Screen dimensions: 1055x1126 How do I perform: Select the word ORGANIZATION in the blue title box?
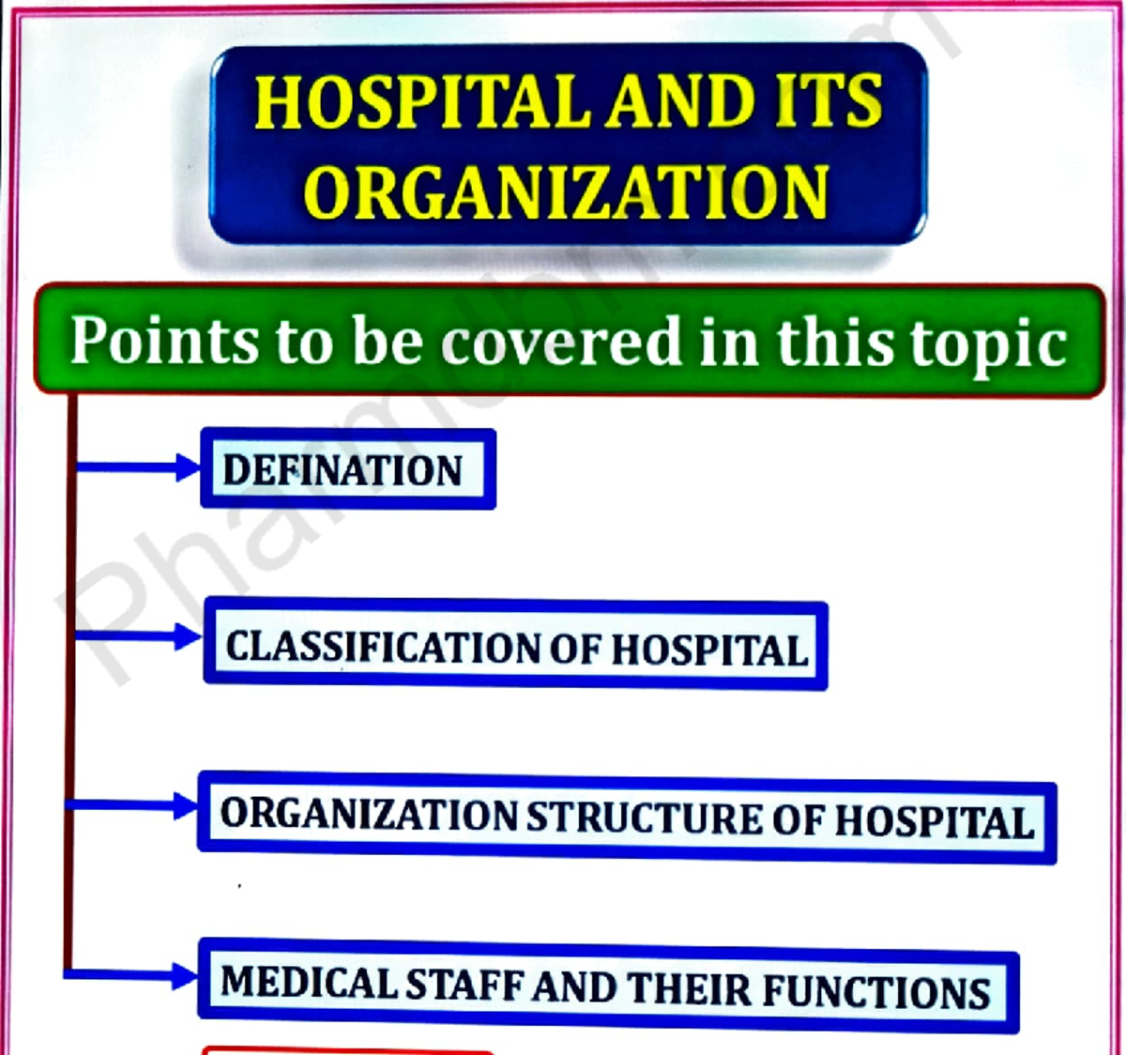(x=566, y=191)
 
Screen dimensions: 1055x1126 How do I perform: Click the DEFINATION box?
(x=347, y=469)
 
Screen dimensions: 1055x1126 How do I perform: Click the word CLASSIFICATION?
(x=383, y=647)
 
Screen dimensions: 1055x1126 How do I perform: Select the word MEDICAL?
(x=309, y=983)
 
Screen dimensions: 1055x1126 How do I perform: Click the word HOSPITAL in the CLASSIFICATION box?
(x=709, y=650)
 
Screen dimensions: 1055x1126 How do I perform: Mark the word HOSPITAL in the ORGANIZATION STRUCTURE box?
(x=935, y=821)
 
